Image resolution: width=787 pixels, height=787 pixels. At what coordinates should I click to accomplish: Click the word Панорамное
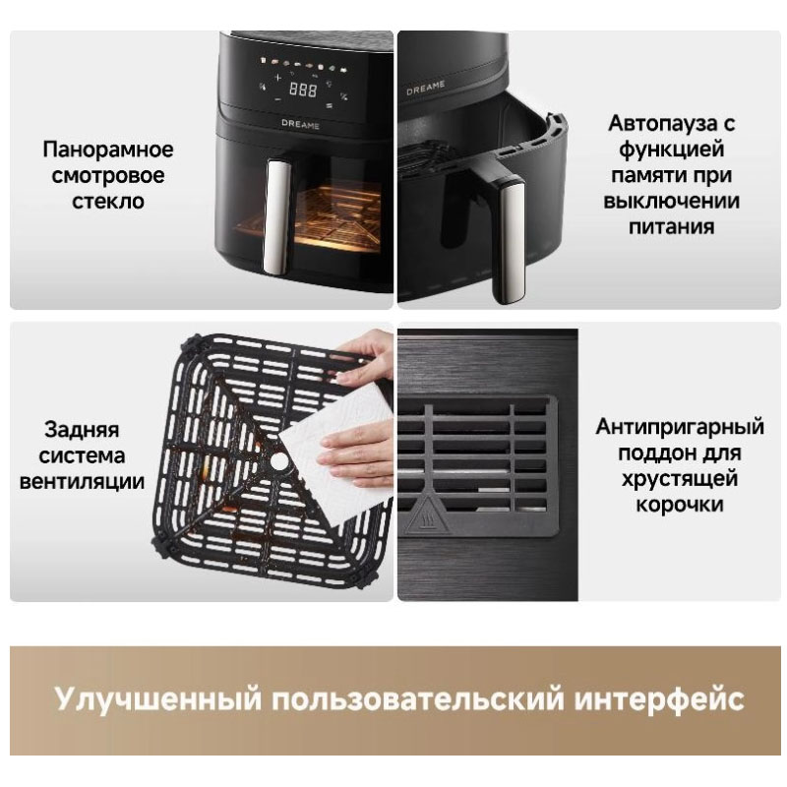pos(108,150)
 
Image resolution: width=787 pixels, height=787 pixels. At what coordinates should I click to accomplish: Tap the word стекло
pos(108,202)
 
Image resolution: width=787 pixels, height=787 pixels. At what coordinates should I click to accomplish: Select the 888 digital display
pos(303,90)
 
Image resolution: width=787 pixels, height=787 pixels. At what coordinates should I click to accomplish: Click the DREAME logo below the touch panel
pos(300,124)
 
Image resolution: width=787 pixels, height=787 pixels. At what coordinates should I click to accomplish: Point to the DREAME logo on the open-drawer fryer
pos(426,89)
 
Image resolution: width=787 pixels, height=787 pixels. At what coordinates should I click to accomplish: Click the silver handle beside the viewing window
pos(276,216)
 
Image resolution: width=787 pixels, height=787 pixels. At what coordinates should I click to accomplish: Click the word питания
pos(672,226)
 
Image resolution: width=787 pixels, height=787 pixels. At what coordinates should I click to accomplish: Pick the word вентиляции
pos(82,481)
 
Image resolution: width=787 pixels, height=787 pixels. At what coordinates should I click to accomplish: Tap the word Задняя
pos(82,430)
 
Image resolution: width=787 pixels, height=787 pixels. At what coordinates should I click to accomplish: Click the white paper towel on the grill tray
pos(336,452)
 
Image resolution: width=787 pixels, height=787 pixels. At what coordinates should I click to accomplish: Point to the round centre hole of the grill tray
pos(279,460)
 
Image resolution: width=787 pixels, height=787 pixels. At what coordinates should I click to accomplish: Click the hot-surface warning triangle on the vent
pos(427,517)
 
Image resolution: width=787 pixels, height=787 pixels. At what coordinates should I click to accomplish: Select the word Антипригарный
pos(680,427)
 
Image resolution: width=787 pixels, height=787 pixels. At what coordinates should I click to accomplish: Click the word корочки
pos(680,505)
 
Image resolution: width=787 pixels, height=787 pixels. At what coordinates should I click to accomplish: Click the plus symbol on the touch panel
pos(277,78)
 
